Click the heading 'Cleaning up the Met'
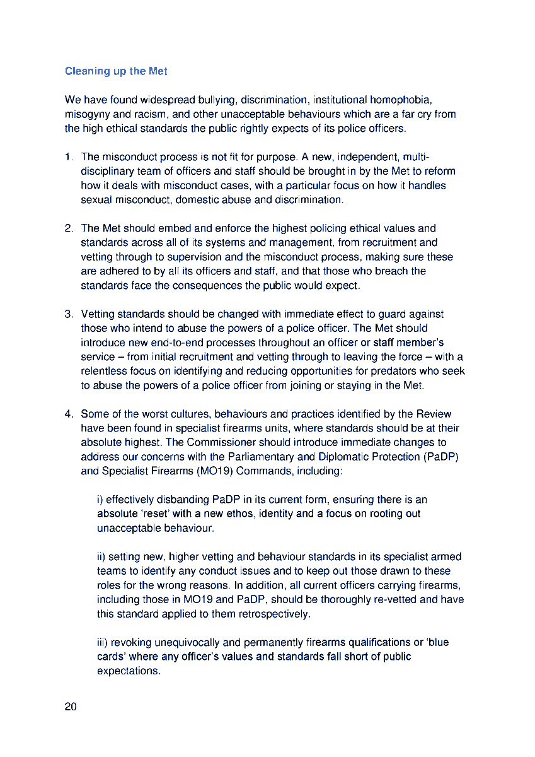click(116, 71)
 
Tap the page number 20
click(71, 707)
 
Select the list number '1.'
click(69, 157)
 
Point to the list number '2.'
click(69, 228)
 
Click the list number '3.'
click(69, 314)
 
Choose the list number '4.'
click(69, 414)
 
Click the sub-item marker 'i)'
click(100, 500)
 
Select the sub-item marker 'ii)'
click(101, 557)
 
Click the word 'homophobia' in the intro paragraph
click(400, 100)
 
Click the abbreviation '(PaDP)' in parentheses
click(441, 457)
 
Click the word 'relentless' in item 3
click(103, 372)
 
